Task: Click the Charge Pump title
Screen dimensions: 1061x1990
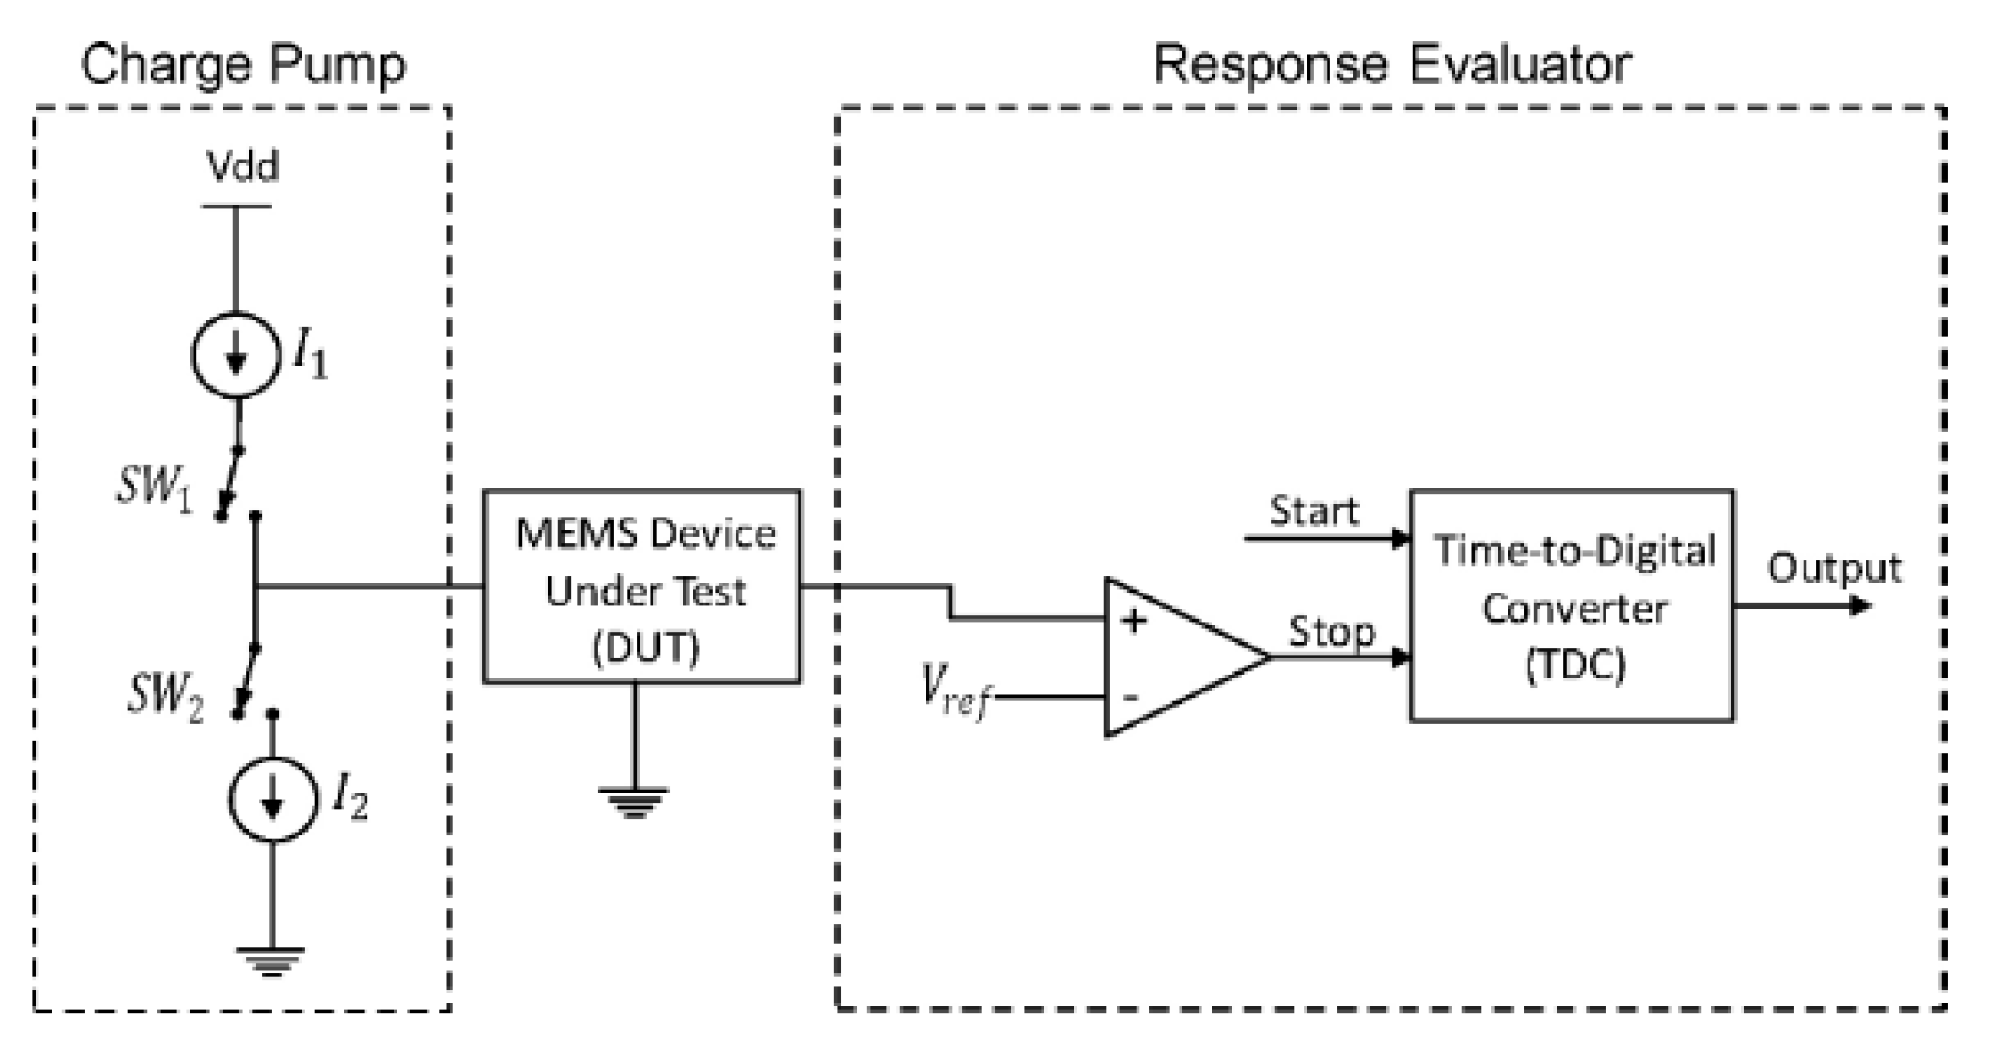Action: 243,65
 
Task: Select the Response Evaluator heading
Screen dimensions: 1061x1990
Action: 1391,65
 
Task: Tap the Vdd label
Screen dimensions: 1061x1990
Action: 242,167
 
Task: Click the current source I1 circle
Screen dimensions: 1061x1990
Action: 236,356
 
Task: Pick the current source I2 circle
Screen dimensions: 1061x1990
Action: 272,800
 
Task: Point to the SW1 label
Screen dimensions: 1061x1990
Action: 154,486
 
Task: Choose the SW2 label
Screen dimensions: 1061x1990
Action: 164,695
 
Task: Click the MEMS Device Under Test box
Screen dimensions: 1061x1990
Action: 642,586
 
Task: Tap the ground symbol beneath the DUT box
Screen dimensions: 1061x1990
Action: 633,802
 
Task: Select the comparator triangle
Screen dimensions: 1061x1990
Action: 1179,657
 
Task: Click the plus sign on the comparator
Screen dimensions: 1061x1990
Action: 1134,621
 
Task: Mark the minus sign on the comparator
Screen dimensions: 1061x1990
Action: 1131,698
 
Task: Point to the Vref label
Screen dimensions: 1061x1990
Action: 954,691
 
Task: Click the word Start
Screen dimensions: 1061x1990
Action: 1314,511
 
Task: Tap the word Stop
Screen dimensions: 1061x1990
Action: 1331,632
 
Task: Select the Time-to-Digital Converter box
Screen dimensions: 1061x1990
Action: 1572,606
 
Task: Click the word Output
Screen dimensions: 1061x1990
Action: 1834,569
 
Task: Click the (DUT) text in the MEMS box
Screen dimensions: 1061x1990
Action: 645,648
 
